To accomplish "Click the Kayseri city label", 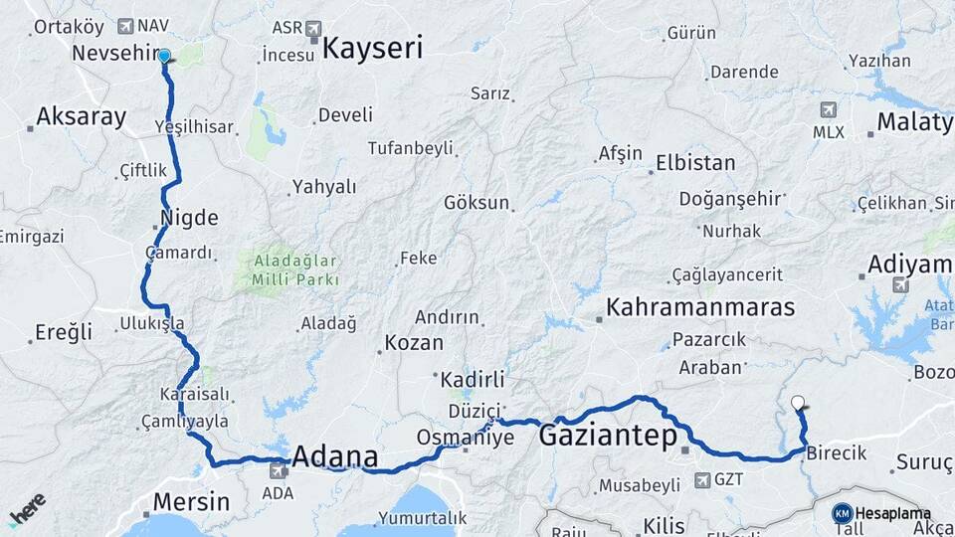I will [373, 48].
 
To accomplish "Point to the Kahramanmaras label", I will [702, 306].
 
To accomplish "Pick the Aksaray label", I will [81, 117].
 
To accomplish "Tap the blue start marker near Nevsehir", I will [164, 58].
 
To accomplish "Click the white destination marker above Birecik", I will [798, 403].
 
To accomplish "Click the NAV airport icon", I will [125, 26].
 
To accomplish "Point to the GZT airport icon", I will [701, 480].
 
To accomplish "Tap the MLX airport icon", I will [829, 109].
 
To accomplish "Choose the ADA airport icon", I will [279, 470].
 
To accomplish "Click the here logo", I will [26, 508].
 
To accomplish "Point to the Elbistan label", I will [695, 163].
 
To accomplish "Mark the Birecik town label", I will [836, 453].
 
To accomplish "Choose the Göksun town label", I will [477, 203].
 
